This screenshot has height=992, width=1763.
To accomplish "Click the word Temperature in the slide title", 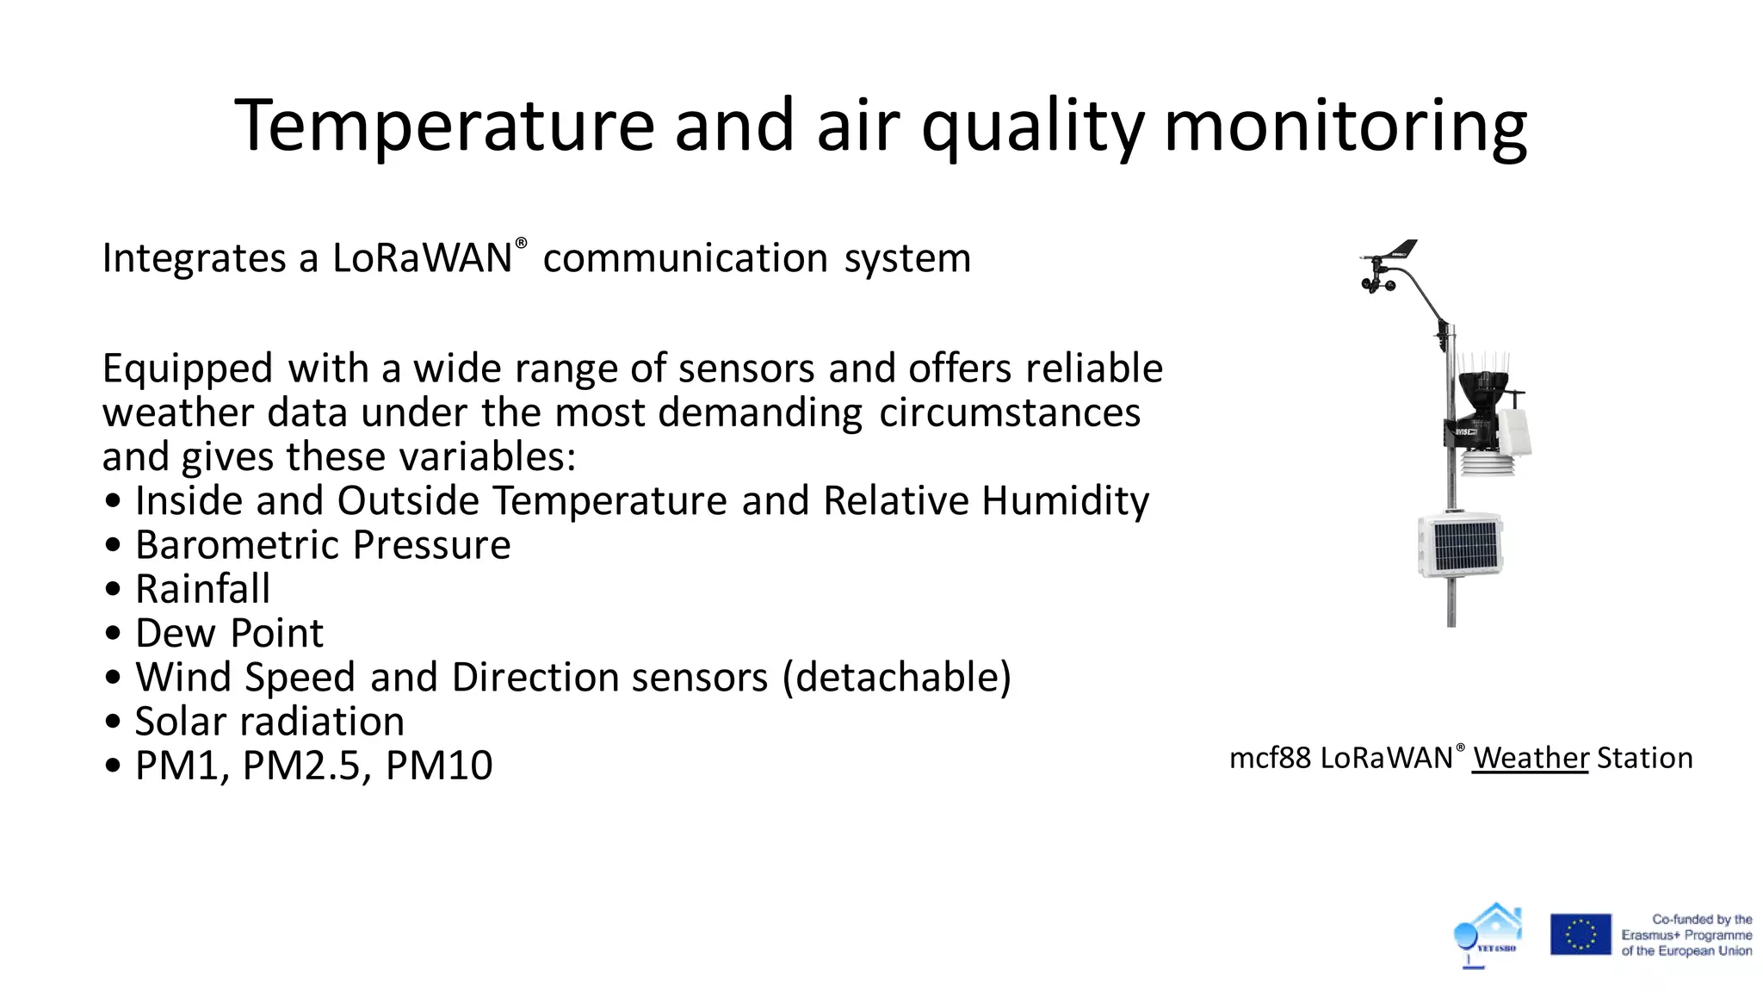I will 444,126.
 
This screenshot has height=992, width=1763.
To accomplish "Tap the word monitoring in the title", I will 1345,126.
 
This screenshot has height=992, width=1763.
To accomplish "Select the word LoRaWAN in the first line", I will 422,258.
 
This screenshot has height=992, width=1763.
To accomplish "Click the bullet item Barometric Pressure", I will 323,545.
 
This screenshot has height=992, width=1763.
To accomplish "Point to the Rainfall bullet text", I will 202,590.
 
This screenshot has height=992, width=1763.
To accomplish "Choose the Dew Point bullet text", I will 229,634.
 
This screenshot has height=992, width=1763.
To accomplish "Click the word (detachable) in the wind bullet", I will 896,678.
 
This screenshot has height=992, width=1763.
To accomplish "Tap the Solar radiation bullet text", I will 269,722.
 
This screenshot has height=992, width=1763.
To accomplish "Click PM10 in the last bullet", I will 439,766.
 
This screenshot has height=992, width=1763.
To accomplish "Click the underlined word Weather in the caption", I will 1530,759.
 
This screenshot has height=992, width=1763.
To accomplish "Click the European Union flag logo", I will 1581,934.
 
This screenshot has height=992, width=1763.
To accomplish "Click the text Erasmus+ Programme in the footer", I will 1686,935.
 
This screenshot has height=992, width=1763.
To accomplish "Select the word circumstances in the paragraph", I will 1009,413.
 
